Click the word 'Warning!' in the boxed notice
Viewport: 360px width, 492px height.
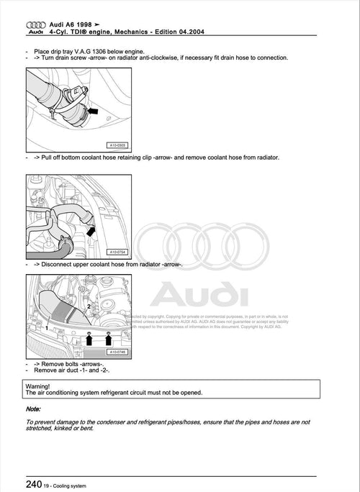pos(40,386)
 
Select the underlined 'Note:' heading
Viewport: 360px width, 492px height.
pos(34,409)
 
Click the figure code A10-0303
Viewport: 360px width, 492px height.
pos(125,145)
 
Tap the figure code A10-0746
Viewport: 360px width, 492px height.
pos(117,352)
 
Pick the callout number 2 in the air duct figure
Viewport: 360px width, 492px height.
pos(89,306)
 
